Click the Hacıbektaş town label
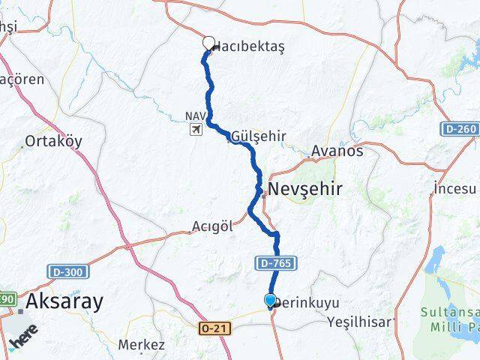[x=250, y=46]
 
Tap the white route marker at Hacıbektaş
[x=208, y=43]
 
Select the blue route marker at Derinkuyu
[x=270, y=301]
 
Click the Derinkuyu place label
[x=307, y=303]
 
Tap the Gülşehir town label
[x=259, y=136]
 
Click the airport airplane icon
[x=196, y=129]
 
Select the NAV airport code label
[x=194, y=116]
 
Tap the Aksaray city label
[x=64, y=301]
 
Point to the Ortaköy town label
[x=53, y=141]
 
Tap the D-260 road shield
[x=459, y=129]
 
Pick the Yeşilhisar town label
[x=359, y=322]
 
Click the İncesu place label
[x=456, y=187]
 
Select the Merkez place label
[x=141, y=345]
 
